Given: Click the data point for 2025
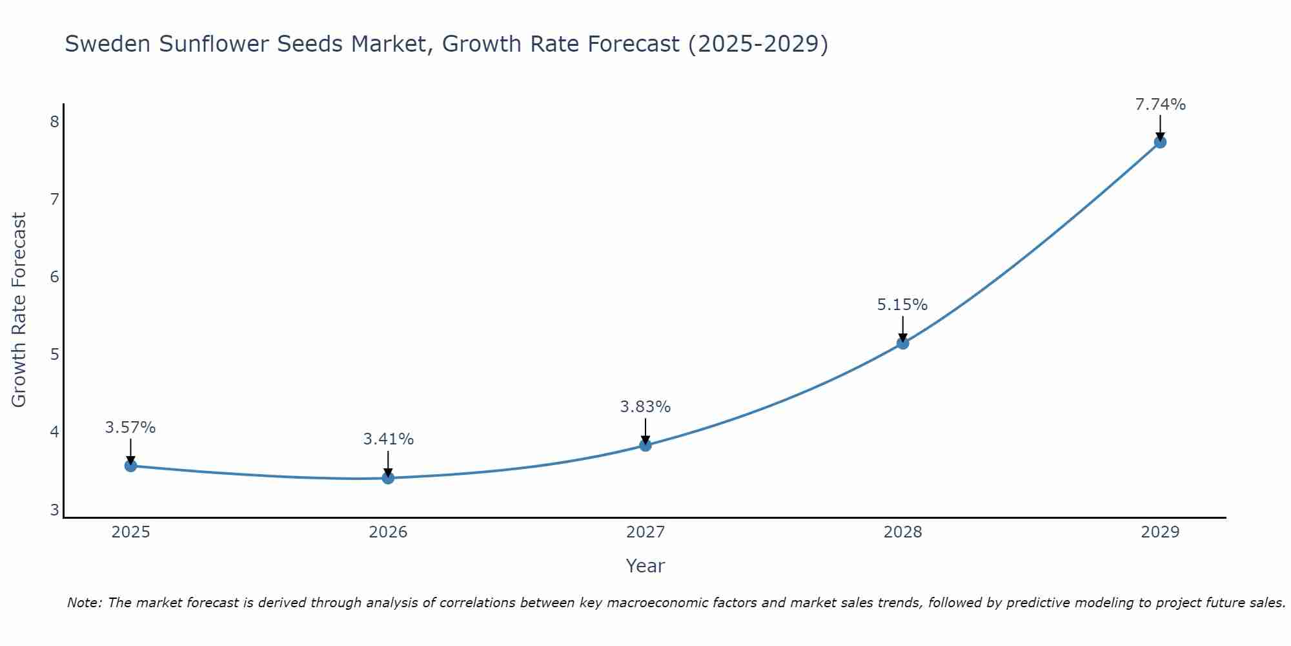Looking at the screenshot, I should (130, 466).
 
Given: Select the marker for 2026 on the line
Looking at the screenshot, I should (388, 478).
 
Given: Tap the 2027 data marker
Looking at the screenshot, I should (645, 445).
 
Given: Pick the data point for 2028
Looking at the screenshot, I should (902, 343).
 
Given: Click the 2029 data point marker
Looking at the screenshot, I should (1160, 142).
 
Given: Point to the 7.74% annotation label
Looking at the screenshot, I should (1160, 105).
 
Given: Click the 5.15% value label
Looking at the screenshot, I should (902, 305).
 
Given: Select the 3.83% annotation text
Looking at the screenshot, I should (645, 407).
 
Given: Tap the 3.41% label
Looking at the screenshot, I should (388, 439).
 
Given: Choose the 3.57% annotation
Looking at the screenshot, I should (130, 428).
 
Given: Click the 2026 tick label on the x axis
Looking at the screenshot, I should (388, 532).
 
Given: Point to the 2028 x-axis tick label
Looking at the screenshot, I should (902, 532).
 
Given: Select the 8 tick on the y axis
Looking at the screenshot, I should (54, 122).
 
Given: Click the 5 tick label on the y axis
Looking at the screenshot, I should (54, 355).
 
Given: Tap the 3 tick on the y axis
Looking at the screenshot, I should (54, 510).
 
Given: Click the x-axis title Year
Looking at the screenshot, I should (645, 566).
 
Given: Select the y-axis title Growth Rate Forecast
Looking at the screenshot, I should (19, 310).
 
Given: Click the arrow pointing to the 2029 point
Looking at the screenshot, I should (1160, 127).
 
